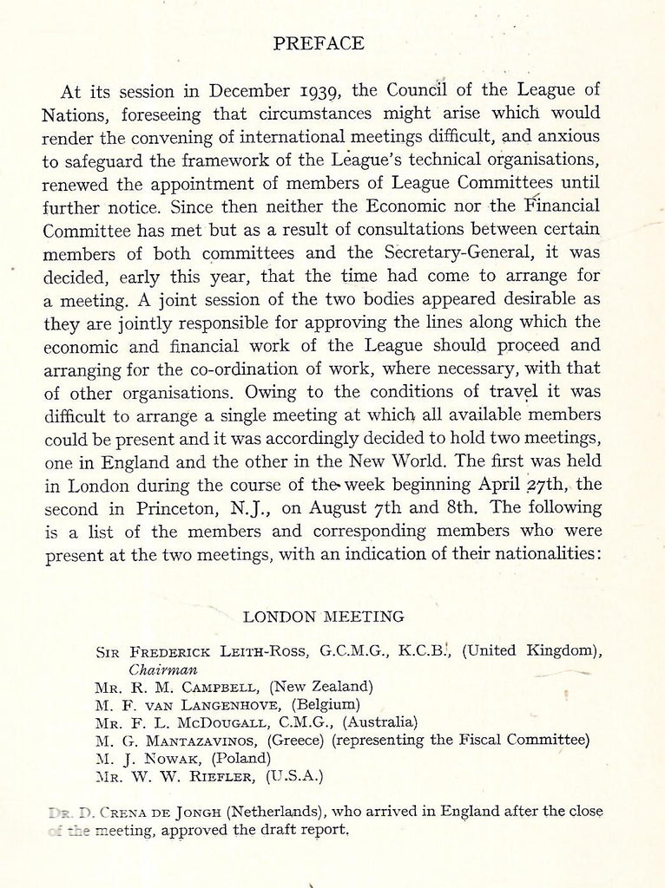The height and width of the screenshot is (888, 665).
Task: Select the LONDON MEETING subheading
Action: click(x=323, y=617)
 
